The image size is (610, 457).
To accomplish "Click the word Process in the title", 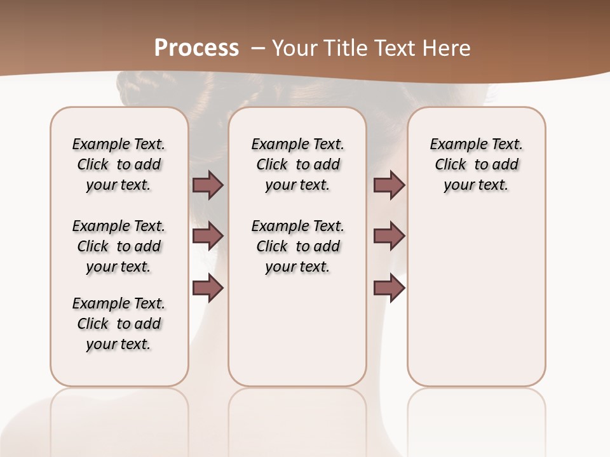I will [x=196, y=48].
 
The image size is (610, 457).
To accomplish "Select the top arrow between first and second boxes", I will [x=208, y=185].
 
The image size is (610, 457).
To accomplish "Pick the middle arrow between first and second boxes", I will [x=208, y=237].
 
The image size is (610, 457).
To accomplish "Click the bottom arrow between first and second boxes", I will [x=208, y=288].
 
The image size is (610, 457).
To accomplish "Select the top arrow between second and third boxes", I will [x=389, y=185].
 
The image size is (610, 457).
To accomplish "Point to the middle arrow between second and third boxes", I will [x=389, y=237].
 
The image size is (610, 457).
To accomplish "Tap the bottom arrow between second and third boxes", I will [x=389, y=288].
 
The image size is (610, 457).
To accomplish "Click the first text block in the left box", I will [x=119, y=164].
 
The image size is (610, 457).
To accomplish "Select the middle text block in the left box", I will [x=119, y=246].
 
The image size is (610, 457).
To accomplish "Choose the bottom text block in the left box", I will [x=119, y=324].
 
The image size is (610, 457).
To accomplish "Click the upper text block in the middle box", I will [x=297, y=164].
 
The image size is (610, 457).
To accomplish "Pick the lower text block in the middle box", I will [x=297, y=246].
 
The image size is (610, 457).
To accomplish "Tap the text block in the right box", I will [x=477, y=164].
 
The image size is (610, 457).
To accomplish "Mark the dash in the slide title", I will [x=258, y=48].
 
